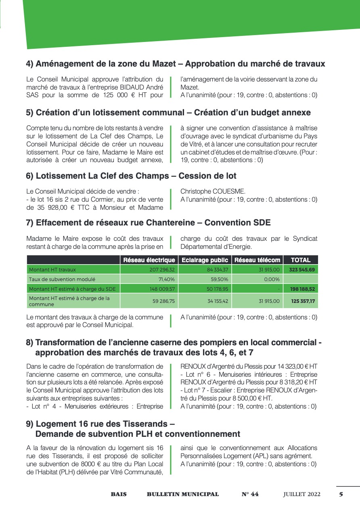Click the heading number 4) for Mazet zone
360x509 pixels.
pyautogui.click(x=30, y=64)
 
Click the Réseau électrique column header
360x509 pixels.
pyautogui.click(x=149, y=260)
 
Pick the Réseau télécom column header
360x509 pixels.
pyautogui.click(x=257, y=260)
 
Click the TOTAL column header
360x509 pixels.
pyautogui.click(x=301, y=260)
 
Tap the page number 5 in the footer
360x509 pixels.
pyautogui.click(x=341, y=494)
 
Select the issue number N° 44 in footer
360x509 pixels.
pyautogui.click(x=250, y=494)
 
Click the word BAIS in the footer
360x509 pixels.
pyautogui.click(x=119, y=494)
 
